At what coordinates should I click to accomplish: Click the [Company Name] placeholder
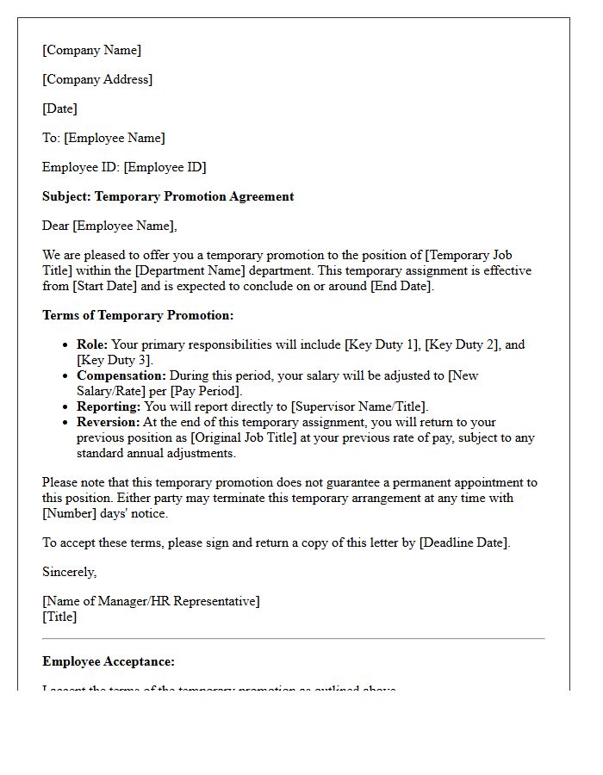[91, 50]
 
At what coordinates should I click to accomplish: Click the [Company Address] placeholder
[97, 79]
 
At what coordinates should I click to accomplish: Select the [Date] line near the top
[59, 108]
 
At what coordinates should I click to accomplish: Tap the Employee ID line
[124, 167]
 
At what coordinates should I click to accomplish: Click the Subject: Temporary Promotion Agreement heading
[168, 196]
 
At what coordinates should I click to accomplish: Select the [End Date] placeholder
[401, 286]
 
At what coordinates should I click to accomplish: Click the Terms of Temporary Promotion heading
[138, 315]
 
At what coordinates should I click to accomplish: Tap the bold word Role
[91, 344]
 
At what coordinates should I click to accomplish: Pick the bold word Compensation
[121, 375]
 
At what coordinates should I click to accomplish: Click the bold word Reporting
[108, 406]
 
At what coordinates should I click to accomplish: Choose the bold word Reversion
[108, 422]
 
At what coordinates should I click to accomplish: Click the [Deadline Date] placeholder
[463, 542]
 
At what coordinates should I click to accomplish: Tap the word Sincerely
[69, 572]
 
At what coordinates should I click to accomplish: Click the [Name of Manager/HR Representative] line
[151, 601]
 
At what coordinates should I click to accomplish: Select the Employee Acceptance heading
[109, 661]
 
